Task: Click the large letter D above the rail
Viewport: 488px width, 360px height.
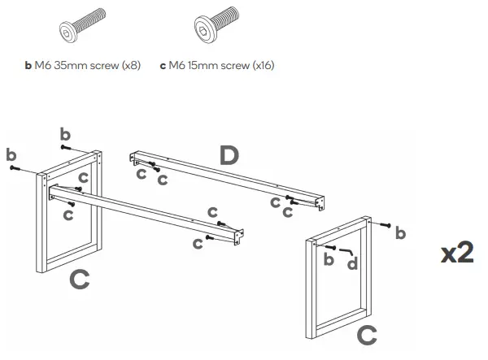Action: click(x=229, y=155)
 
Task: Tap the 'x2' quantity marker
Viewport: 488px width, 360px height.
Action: click(x=457, y=253)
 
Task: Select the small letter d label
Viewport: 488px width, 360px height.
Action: click(x=352, y=263)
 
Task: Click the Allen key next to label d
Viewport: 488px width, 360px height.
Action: click(x=346, y=251)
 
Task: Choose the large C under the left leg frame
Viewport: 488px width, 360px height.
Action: click(x=79, y=280)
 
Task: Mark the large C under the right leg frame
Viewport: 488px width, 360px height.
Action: click(x=368, y=333)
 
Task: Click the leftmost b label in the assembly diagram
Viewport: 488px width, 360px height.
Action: click(x=11, y=154)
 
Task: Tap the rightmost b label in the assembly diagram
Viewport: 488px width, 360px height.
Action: click(x=399, y=234)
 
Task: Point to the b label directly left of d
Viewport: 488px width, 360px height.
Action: click(x=329, y=259)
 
